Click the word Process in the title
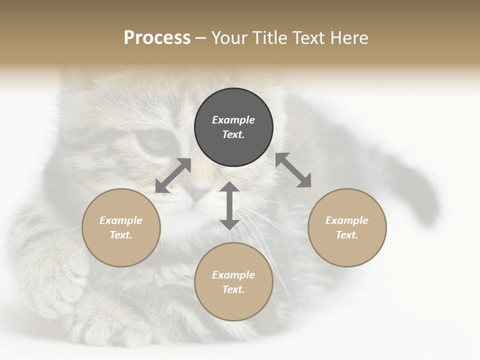(157, 38)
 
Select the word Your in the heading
(230, 38)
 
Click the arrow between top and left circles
(173, 175)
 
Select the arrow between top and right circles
(293, 170)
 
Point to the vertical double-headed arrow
(229, 205)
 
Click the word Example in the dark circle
(233, 120)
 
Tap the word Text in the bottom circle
(233, 289)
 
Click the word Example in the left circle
(121, 220)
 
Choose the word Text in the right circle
(347, 235)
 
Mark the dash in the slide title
(200, 38)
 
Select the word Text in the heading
(308, 38)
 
